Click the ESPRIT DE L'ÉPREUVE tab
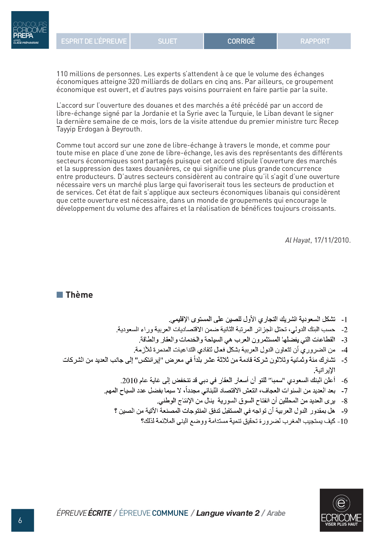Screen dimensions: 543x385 [94, 41]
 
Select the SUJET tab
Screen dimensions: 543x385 [167, 41]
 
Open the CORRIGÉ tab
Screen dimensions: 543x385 [241, 41]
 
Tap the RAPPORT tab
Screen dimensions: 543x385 [314, 41]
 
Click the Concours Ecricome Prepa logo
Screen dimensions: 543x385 [30, 30]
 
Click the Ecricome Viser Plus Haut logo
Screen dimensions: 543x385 [341, 510]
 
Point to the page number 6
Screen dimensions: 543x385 [20, 520]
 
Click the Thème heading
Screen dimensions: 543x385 [79, 295]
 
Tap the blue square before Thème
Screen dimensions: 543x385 [60, 295]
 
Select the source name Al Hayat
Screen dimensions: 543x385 [297, 240]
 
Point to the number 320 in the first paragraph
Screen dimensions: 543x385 [133, 82]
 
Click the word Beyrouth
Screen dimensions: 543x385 [126, 129]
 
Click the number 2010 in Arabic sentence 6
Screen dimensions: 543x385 [130, 381]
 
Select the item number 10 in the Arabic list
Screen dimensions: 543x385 [343, 422]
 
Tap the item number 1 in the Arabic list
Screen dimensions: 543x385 [345, 320]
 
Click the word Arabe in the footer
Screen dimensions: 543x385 [276, 513]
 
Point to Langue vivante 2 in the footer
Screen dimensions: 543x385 [228, 513]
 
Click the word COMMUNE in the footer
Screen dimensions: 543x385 [170, 513]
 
